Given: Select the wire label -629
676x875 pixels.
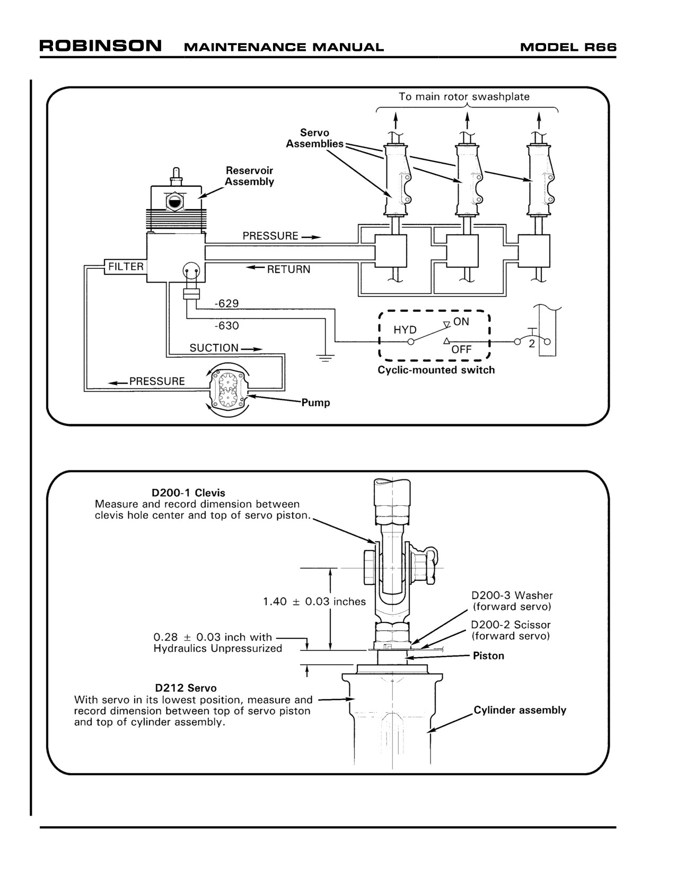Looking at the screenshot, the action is pyautogui.click(x=227, y=303).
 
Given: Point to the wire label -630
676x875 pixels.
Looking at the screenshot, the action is pyautogui.click(x=227, y=326).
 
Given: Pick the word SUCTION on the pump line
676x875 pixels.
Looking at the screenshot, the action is pyautogui.click(x=214, y=348).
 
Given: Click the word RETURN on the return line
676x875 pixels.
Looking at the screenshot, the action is pyautogui.click(x=288, y=269).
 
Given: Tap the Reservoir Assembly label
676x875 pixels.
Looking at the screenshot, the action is pyautogui.click(x=249, y=176).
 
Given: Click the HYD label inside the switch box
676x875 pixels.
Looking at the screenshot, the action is pyautogui.click(x=405, y=330).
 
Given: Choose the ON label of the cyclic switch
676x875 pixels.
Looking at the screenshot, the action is pyautogui.click(x=461, y=321).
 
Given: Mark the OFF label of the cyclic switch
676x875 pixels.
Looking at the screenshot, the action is pyautogui.click(x=461, y=349).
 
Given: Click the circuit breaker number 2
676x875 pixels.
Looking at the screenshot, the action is pyautogui.click(x=532, y=344).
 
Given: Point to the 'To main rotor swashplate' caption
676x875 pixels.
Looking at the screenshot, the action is pyautogui.click(x=464, y=97).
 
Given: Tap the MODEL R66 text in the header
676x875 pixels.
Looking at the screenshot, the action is pyautogui.click(x=568, y=48).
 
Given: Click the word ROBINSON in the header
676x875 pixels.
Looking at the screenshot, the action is pyautogui.click(x=101, y=46).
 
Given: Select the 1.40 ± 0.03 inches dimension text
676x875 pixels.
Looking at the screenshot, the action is pyautogui.click(x=314, y=601).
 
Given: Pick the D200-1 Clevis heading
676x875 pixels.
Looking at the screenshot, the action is pyautogui.click(x=188, y=493).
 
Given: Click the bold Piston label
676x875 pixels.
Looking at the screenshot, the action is pyautogui.click(x=488, y=655).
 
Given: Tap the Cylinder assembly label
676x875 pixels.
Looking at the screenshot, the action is pyautogui.click(x=520, y=710).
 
